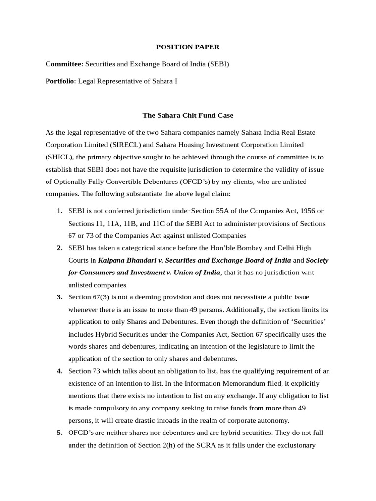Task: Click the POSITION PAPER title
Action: [188, 47]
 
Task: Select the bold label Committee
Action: [63, 64]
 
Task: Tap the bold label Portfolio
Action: [59, 81]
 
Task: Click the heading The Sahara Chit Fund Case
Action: [188, 115]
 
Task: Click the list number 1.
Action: [59, 211]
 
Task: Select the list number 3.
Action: [59, 297]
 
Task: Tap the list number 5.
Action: [59, 433]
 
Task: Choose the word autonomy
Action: [272, 420]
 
